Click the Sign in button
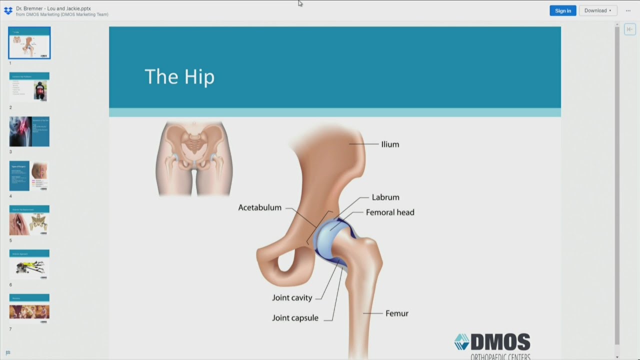(562, 10)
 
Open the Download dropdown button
(597, 10)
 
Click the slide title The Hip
(179, 77)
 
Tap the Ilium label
(390, 144)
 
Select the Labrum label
(385, 197)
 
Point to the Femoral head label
(390, 212)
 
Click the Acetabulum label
(259, 207)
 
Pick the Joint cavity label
(292, 297)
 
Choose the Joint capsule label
(295, 317)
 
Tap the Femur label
(397, 313)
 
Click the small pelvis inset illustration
(194, 157)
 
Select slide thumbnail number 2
(29, 87)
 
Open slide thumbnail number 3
(29, 131)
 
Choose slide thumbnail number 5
(29, 220)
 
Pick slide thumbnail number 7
(29, 308)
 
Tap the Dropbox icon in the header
(8, 10)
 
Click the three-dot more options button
(628, 10)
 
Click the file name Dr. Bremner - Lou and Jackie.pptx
(53, 8)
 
